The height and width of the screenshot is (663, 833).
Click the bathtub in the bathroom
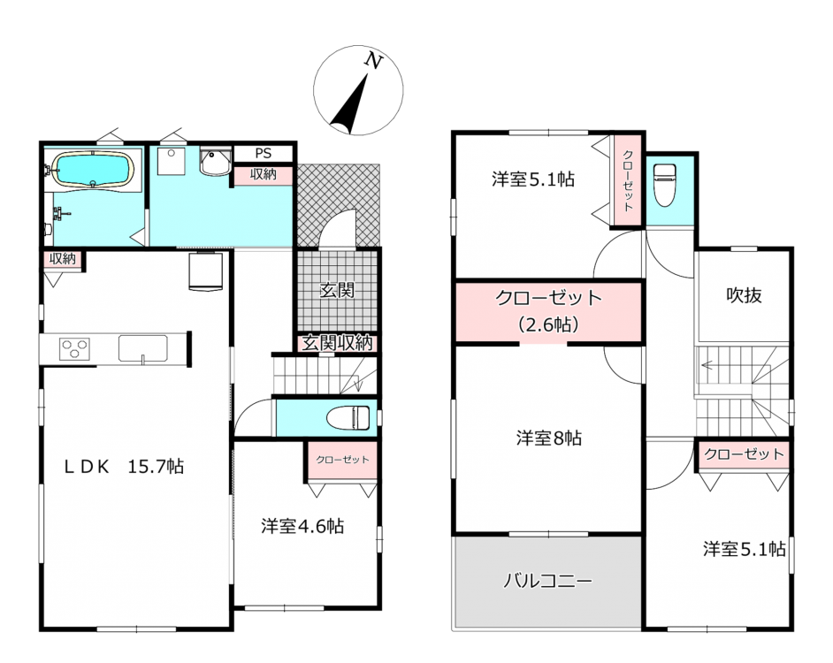coord(93,170)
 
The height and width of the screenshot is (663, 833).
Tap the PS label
coord(264,154)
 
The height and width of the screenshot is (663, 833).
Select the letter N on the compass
coord(373,61)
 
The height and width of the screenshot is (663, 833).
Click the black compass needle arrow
coord(349,104)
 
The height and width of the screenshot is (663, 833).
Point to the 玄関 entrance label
coord(337,291)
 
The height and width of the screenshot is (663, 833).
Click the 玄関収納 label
coord(337,343)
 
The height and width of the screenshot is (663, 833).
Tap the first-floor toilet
coord(348,417)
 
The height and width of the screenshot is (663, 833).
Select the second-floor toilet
coord(665,184)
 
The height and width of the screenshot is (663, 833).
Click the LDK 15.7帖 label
coord(124,467)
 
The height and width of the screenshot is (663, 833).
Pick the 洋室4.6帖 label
coord(302,526)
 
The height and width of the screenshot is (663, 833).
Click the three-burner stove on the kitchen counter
coord(74,349)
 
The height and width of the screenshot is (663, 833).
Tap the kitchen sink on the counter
coord(142,348)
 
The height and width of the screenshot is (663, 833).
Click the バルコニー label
coord(547,581)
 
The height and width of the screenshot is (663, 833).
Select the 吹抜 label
coord(744,295)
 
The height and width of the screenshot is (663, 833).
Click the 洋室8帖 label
coord(549,438)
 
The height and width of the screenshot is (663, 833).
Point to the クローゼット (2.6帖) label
coord(548,311)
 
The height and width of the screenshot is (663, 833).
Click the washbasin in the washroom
coord(215,162)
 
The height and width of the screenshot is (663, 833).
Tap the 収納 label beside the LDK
coord(63,259)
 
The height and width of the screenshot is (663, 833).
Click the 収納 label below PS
coord(264,174)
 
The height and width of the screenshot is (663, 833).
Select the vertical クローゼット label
coord(628,180)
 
